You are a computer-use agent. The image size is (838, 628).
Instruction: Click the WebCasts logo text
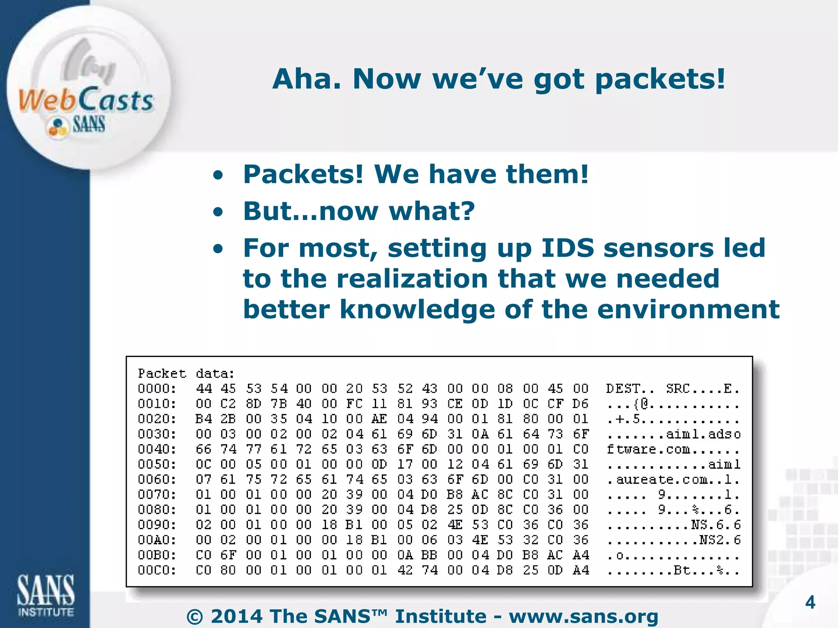(x=86, y=100)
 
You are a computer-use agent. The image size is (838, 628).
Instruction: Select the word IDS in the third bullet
(x=568, y=248)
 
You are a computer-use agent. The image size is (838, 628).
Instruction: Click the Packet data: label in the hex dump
(x=186, y=373)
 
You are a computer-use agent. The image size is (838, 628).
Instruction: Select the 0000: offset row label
(x=157, y=388)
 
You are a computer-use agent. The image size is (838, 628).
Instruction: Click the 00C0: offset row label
(x=157, y=570)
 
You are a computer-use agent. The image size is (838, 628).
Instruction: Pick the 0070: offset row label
(x=157, y=494)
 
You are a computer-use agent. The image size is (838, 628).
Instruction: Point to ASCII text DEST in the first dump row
(x=623, y=388)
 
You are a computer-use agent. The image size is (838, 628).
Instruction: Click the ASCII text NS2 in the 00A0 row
(x=711, y=540)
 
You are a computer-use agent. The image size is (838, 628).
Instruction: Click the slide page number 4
(x=810, y=603)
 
